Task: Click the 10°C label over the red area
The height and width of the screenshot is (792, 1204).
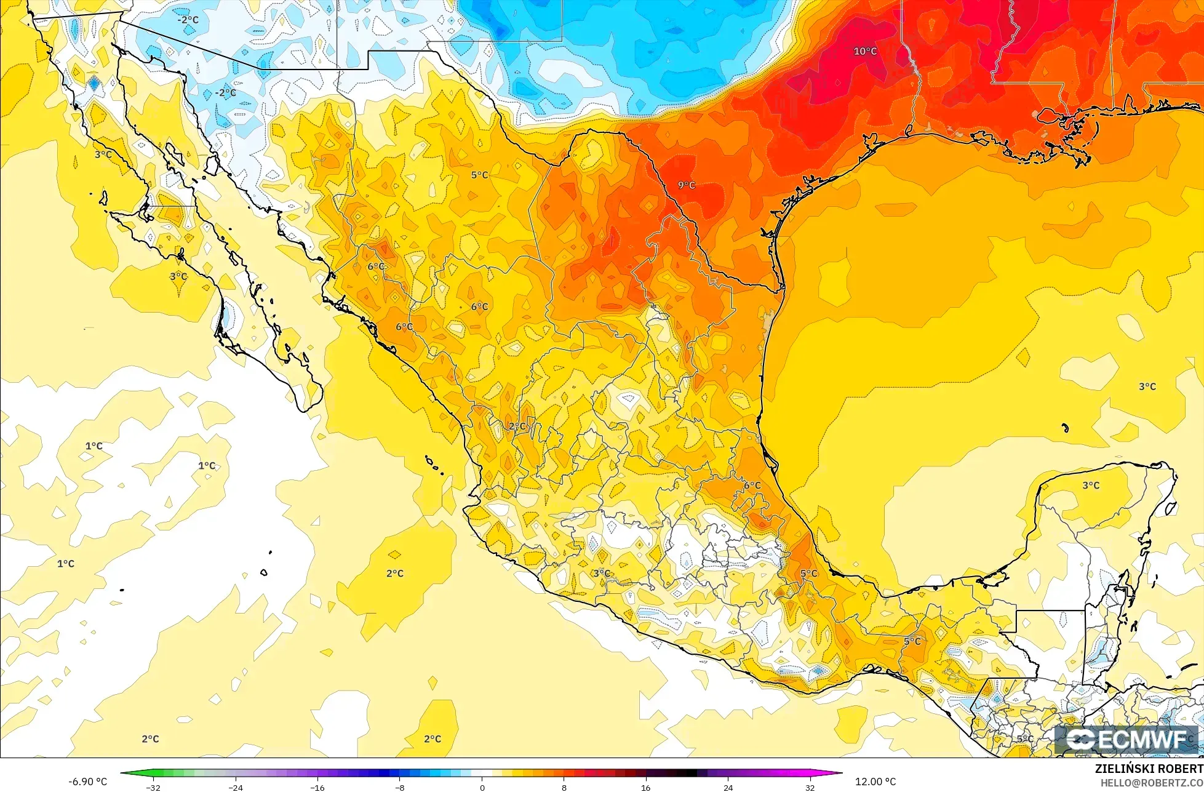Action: (864, 51)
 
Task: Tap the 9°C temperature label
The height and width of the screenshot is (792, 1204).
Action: (687, 185)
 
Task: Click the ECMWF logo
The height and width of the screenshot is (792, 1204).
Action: (1127, 740)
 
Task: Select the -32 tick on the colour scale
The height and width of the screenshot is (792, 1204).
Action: (153, 787)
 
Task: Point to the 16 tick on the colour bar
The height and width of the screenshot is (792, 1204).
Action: (645, 787)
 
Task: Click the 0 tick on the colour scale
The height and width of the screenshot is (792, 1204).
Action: (482, 787)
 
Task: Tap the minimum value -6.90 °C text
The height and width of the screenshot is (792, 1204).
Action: (87, 782)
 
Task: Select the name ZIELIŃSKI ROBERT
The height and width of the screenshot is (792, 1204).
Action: (1149, 769)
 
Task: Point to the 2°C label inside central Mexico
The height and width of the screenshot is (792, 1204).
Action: (517, 426)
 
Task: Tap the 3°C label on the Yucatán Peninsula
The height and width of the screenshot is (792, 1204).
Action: (1091, 486)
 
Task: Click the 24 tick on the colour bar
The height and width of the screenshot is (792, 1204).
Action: (728, 787)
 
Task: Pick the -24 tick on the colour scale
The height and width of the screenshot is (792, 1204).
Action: (235, 787)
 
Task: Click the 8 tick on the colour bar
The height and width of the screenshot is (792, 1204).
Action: (564, 787)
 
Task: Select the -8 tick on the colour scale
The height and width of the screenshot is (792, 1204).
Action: (399, 787)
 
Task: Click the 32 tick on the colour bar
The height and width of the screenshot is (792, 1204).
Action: (810, 787)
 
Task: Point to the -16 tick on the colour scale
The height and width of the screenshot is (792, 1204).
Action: (317, 787)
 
